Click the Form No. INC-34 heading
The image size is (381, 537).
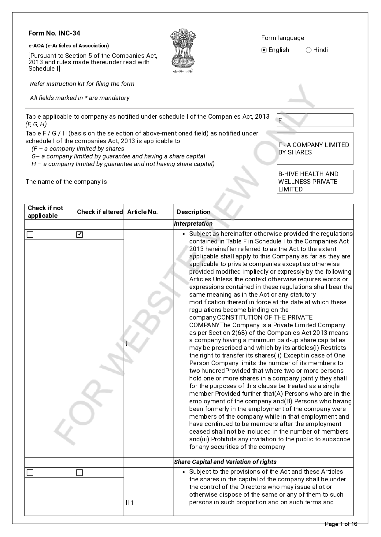(54, 33)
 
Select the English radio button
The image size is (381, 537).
(264, 50)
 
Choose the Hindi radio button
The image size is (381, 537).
(309, 50)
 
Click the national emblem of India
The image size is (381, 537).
(183, 51)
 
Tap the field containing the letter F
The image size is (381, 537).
(315, 120)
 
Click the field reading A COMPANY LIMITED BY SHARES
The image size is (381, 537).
(315, 149)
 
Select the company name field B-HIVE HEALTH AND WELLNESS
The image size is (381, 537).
(315, 182)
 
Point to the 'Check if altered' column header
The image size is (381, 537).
(100, 212)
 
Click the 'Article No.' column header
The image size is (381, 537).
(142, 212)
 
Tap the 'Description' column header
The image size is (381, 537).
(194, 212)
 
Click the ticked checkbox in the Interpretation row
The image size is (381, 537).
(80, 235)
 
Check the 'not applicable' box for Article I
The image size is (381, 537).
(30, 235)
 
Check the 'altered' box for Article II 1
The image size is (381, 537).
(80, 472)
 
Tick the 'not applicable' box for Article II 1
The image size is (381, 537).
(30, 472)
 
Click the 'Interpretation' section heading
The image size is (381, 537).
(193, 224)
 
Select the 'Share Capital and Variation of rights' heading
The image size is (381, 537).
(225, 462)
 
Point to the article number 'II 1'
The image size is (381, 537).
(130, 503)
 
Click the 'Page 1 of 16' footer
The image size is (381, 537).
(341, 524)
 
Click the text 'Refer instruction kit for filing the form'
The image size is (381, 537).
(82, 84)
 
